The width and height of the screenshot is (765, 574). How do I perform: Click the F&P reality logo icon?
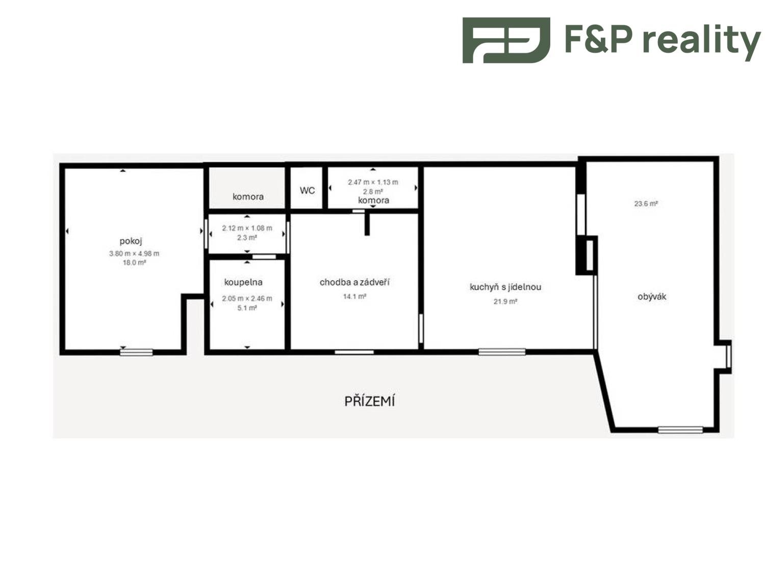click(506, 40)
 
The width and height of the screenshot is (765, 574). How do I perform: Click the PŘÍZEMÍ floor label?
click(369, 401)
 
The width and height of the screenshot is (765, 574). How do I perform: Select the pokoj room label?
click(131, 241)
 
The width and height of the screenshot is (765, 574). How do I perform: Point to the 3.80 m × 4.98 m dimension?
click(134, 254)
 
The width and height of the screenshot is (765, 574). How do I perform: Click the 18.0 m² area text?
click(134, 262)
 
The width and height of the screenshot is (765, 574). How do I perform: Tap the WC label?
click(307, 190)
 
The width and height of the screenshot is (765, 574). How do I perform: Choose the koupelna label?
click(243, 282)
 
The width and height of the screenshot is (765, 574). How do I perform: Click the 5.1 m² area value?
click(247, 308)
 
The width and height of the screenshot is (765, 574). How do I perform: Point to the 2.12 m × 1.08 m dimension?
click(247, 228)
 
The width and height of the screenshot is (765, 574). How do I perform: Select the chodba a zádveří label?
click(354, 282)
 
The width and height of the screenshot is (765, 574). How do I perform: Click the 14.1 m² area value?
click(354, 296)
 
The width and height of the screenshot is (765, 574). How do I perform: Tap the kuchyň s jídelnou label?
click(505, 287)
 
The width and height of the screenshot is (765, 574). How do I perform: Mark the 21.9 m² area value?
click(505, 302)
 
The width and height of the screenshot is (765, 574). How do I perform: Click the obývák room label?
click(652, 296)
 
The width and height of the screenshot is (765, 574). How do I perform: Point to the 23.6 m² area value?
click(646, 204)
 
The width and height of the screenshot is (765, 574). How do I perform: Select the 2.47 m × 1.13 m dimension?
click(373, 182)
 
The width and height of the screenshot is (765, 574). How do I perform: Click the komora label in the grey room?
click(248, 196)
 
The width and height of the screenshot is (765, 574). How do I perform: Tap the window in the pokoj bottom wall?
click(136, 353)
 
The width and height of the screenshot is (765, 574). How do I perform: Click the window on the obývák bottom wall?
click(680, 430)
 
